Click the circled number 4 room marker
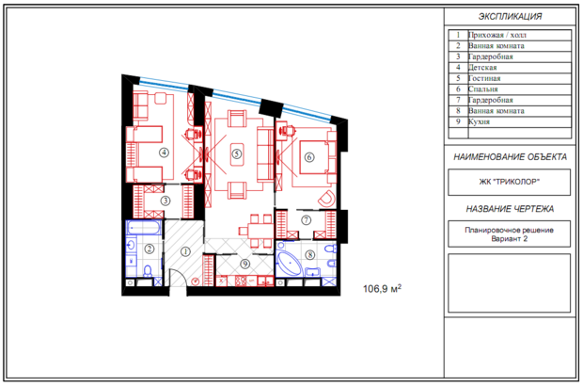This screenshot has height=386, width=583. coord(164,153)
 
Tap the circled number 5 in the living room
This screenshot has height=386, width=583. coord(236,153)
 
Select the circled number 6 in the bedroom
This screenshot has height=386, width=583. coord(309,157)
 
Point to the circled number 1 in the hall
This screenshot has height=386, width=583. coord(185,252)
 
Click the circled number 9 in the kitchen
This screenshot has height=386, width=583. coord(244,264)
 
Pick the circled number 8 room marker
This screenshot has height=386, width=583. coord(309,255)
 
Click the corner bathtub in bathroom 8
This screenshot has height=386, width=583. coord(290,263)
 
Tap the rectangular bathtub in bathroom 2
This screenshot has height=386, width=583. coord(144,228)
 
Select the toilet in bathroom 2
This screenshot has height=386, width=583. coord(148,270)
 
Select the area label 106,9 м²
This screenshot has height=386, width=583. coord(382,288)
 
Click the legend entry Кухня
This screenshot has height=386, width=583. coord(479,121)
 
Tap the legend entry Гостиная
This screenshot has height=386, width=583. coord(484,78)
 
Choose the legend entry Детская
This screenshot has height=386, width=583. coord(482,68)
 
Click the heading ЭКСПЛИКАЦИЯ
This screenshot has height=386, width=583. coord(510,16)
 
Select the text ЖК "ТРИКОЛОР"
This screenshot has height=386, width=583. coord(509,182)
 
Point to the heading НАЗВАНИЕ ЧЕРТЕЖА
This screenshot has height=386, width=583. coord(510,209)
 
